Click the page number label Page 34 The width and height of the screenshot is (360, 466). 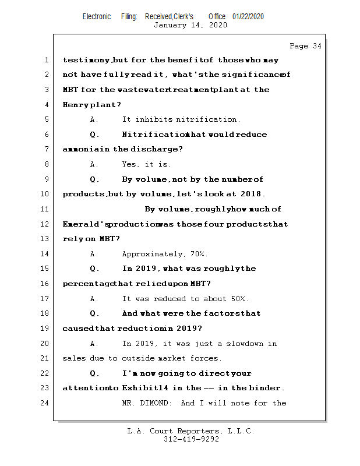305,46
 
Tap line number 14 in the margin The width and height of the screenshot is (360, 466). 46,254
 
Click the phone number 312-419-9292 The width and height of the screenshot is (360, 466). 191,440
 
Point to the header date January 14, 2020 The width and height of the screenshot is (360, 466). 190,25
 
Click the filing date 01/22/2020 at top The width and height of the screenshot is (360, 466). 248,16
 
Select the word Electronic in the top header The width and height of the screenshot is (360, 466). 97,16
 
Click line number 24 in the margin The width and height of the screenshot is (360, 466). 46,403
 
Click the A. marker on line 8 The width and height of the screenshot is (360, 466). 94,164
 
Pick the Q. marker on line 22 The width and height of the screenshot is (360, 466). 94,373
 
